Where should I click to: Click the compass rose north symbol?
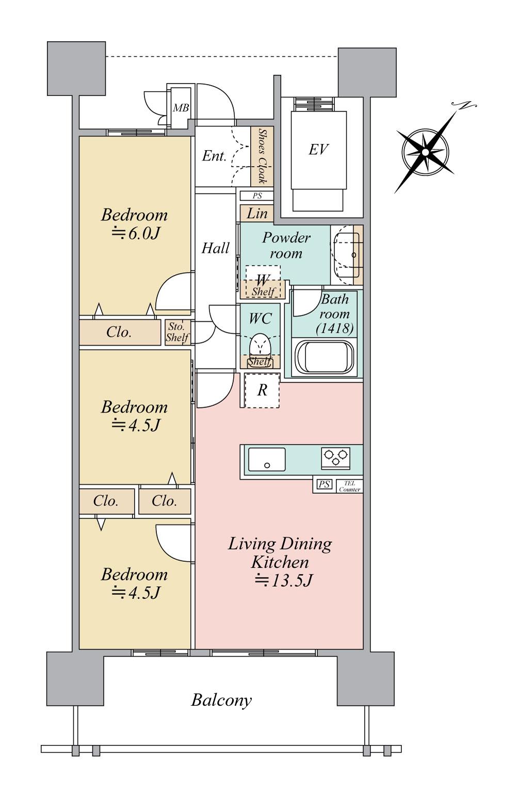coord(425,152)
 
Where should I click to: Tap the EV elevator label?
coord(318,150)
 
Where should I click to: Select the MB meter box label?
coord(181,108)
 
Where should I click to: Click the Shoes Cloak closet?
coord(262,157)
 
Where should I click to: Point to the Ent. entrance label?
coord(214,156)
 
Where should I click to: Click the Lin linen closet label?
coord(257,214)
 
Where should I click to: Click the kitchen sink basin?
coord(267,459)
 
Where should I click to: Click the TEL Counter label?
coord(349,486)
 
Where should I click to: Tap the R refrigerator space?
coord(262,390)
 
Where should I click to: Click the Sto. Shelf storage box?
coord(178,333)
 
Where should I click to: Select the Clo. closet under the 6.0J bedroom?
coord(119,332)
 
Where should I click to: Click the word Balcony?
coord(221,700)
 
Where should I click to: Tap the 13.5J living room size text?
coord(284,581)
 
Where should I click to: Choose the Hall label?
coord(215,248)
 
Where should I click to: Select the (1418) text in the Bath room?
coord(335,328)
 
